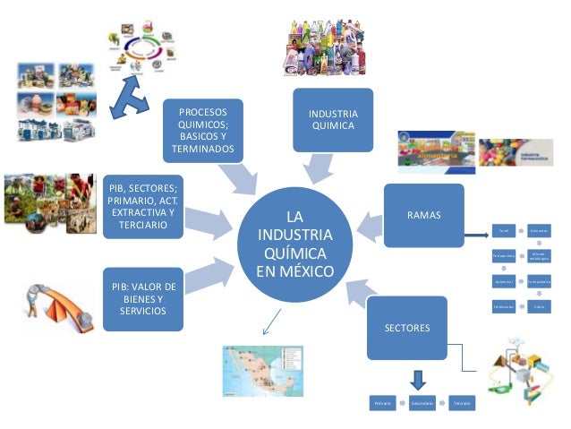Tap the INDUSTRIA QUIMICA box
click(333, 120)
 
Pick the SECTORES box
click(407, 327)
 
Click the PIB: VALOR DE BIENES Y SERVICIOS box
click(143, 297)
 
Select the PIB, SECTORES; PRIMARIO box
click(143, 207)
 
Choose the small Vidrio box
click(539, 306)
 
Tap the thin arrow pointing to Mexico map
click(270, 320)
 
